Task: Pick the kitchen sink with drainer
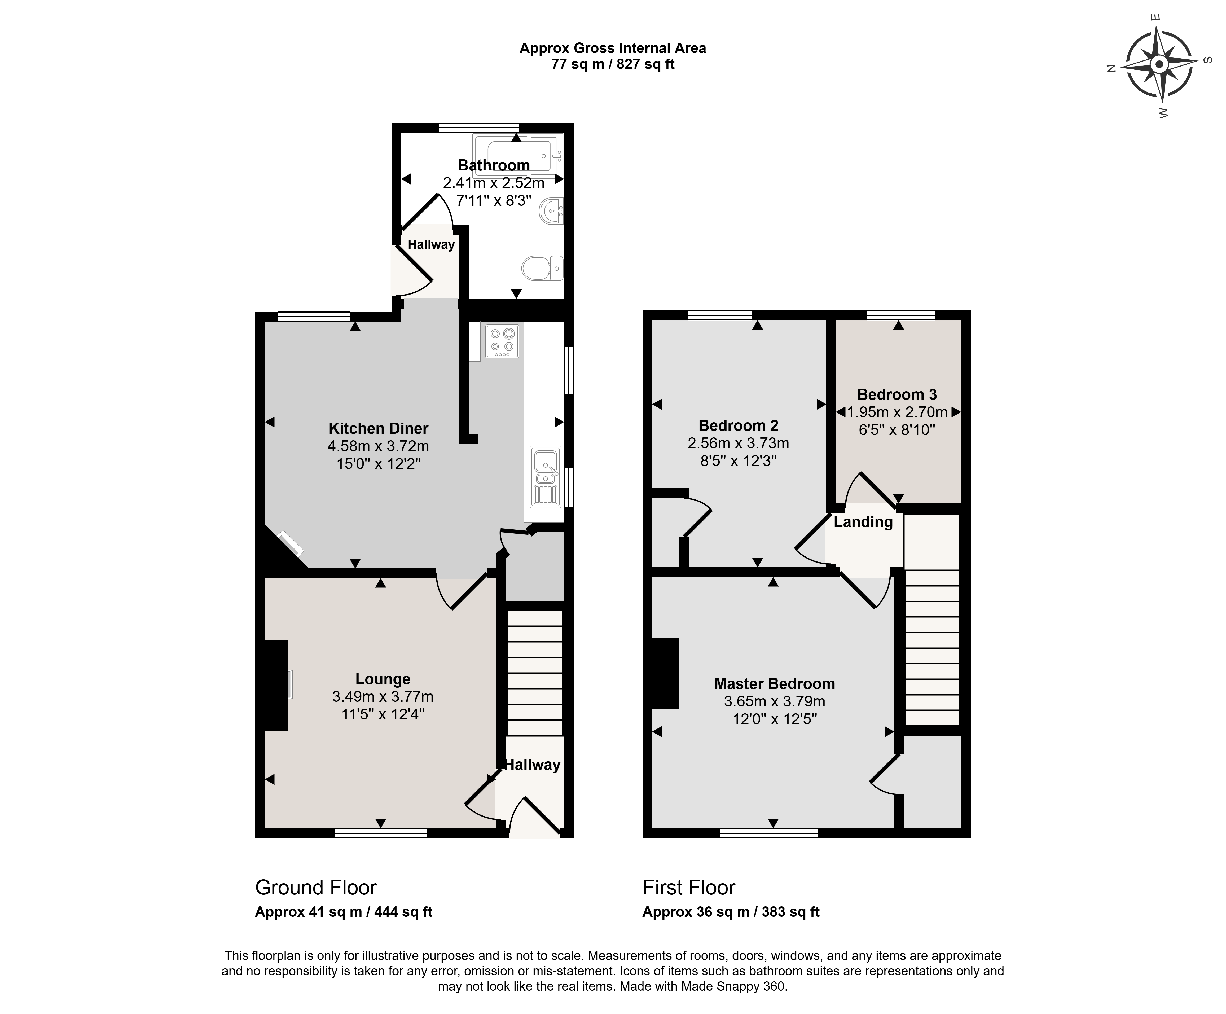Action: point(545,476)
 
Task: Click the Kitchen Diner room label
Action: point(378,428)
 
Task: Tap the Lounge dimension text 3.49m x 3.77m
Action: point(383,696)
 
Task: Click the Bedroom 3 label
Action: point(897,395)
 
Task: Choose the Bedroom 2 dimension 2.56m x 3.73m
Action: point(739,443)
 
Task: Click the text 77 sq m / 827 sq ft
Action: point(613,64)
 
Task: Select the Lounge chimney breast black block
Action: point(277,685)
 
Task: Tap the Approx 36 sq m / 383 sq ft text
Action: point(731,912)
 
